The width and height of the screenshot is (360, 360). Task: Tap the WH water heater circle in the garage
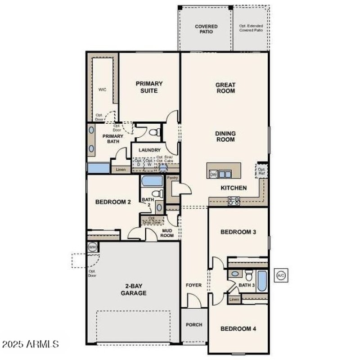pyautogui.click(x=92, y=247)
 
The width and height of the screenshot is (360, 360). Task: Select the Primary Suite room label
pyautogui.click(x=149, y=87)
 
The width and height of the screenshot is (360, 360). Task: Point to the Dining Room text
pyautogui.click(x=225, y=136)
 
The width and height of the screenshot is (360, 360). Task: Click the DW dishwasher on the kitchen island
pyautogui.click(x=214, y=174)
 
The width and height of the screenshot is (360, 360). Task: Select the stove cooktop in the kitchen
pyautogui.click(x=234, y=201)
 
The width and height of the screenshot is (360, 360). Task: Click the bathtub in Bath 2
pyautogui.click(x=152, y=181)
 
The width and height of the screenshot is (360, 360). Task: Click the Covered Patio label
pyautogui.click(x=206, y=29)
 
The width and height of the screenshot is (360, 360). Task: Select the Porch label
pyautogui.click(x=194, y=324)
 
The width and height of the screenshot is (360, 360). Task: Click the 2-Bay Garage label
pyautogui.click(x=133, y=289)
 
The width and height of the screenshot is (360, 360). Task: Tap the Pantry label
pyautogui.click(x=173, y=178)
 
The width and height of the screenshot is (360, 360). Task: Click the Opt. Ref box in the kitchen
pyautogui.click(x=261, y=171)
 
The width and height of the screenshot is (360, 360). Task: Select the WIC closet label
pyautogui.click(x=102, y=90)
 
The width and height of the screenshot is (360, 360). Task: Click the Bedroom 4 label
pyautogui.click(x=238, y=328)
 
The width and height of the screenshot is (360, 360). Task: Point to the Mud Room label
pyautogui.click(x=167, y=232)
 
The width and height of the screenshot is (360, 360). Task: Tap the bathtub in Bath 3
pyautogui.click(x=262, y=281)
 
